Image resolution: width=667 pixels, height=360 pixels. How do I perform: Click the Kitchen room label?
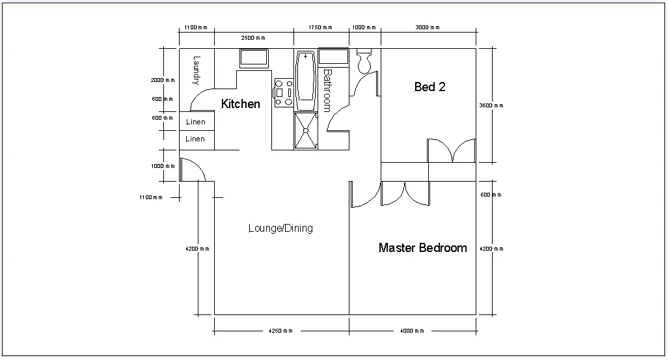tap(240, 104)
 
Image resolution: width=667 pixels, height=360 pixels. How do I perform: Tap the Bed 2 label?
tap(429, 87)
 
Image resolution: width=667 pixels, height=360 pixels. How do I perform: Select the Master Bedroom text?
tap(422, 248)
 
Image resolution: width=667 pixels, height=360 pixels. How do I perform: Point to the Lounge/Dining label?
tap(280, 228)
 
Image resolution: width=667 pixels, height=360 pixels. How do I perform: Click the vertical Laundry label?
tap(196, 70)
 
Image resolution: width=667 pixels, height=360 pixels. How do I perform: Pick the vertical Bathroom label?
tap(327, 90)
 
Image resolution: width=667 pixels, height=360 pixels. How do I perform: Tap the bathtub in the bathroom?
tap(306, 81)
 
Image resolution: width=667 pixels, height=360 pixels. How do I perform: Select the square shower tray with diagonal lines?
tap(305, 130)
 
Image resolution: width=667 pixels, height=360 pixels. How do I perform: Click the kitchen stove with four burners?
tap(283, 93)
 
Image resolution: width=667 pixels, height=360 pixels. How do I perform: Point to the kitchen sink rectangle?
tap(254, 58)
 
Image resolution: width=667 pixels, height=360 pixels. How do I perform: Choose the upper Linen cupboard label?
tap(195, 122)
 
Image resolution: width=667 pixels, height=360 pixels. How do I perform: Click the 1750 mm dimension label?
tap(320, 28)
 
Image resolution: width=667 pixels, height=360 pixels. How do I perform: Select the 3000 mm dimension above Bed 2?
tap(428, 28)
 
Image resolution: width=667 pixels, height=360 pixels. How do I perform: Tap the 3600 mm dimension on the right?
tap(491, 105)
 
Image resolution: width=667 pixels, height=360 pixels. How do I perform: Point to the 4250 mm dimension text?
tap(280, 331)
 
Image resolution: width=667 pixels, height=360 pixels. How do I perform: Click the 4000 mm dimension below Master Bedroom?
tap(413, 331)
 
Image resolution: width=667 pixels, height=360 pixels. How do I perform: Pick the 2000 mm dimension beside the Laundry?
tap(163, 80)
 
